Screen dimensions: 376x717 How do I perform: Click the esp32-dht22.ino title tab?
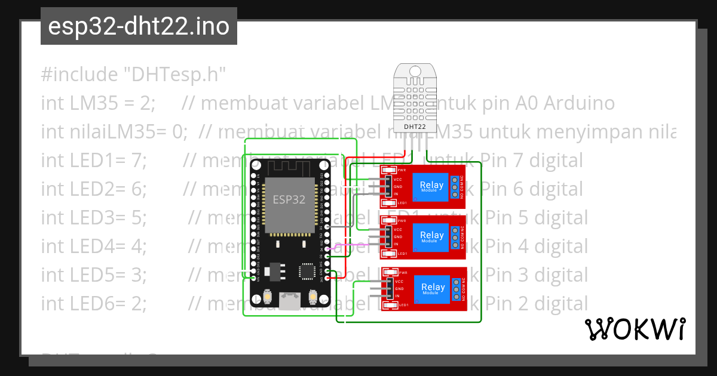[139, 27]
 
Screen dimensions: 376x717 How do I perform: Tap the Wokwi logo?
[635, 329]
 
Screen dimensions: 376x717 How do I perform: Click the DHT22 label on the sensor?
[415, 127]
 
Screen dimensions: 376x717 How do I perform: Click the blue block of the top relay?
[431, 186]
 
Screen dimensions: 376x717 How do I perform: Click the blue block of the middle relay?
[431, 236]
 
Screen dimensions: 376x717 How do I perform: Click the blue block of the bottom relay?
[431, 288]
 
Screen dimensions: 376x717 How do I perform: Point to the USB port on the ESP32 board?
[290, 301]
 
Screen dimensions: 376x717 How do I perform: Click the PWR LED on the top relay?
[391, 170]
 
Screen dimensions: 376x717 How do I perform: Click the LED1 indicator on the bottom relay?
[391, 306]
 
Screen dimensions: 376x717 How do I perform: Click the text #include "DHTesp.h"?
[133, 75]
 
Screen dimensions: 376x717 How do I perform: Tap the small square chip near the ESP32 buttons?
[308, 272]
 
